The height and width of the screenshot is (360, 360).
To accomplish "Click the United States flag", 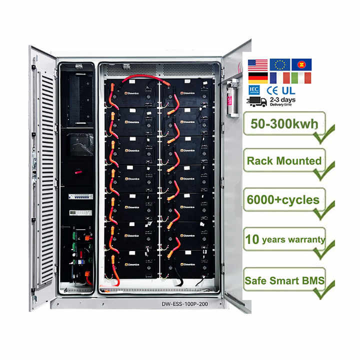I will coord(257,64).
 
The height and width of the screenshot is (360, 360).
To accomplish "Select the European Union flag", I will coord(279,64).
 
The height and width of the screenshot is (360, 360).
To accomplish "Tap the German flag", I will coord(257,78).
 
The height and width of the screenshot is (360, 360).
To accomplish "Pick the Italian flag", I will coord(301,78).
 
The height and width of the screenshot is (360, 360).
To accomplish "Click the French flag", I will coord(279,78).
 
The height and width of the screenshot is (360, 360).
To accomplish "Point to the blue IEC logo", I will coord(254,90).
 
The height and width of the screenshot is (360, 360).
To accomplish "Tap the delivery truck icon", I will coord(257,101).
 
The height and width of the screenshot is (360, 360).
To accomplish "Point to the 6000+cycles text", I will coord(283,200).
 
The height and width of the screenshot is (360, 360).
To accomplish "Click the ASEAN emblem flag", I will coord(301,64).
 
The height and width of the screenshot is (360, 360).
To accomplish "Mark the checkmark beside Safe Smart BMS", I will coord(325,290).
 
